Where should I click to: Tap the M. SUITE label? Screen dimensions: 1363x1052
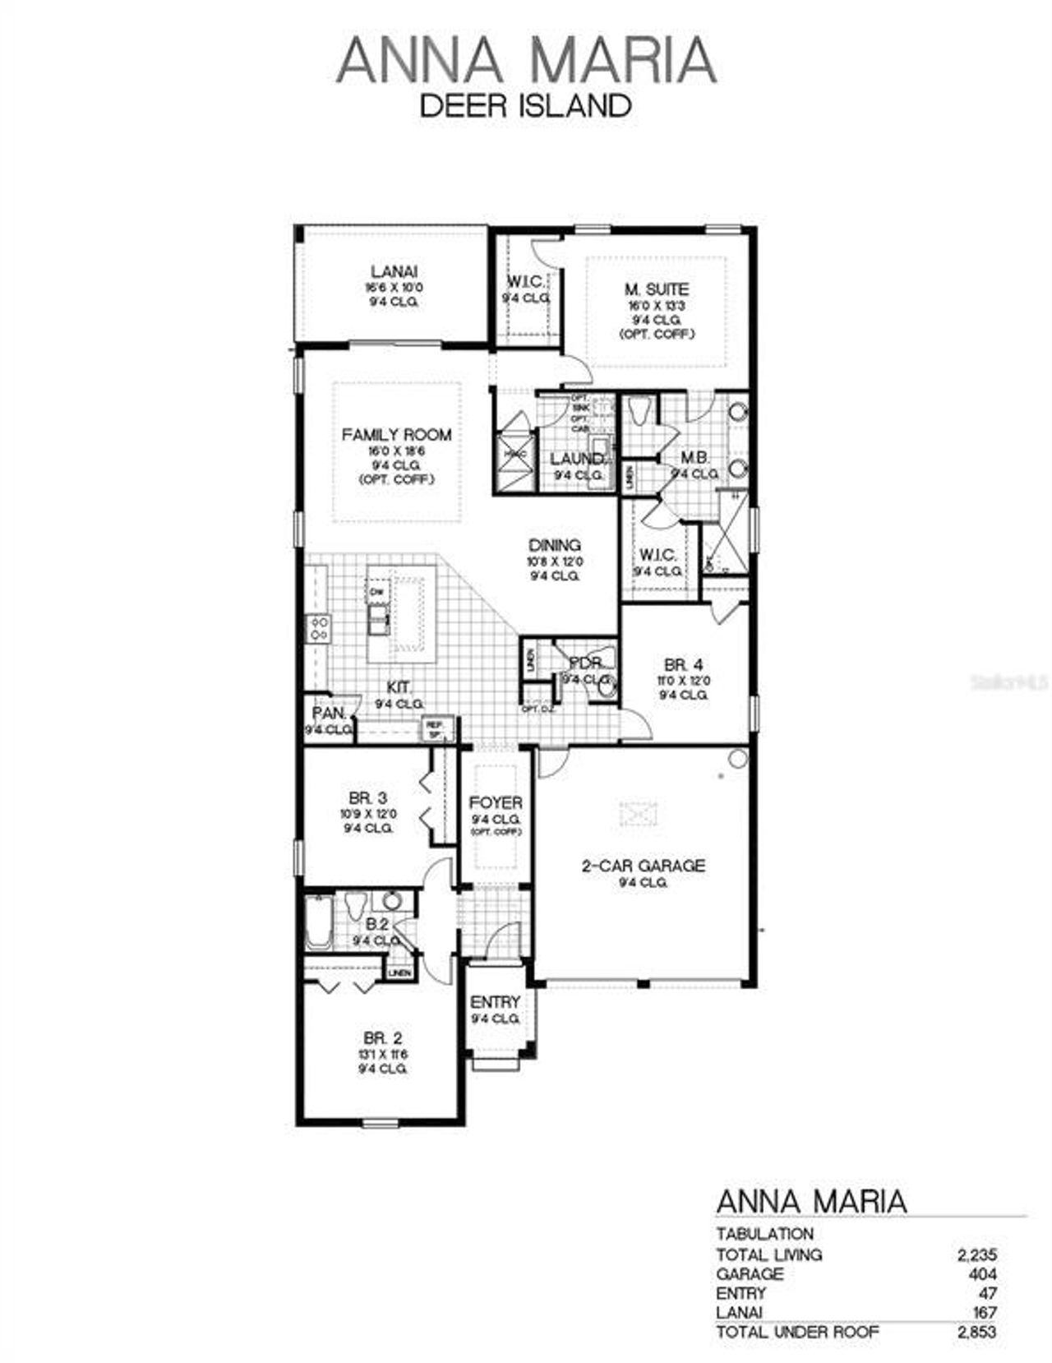coord(656,289)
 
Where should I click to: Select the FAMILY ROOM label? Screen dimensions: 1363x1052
coord(397,435)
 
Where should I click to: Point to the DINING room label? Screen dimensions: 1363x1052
coord(554,545)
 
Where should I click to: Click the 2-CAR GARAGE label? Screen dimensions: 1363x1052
coord(644,866)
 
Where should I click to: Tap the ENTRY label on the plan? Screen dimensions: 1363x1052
coord(495,1003)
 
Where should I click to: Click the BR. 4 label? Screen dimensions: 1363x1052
coord(683,665)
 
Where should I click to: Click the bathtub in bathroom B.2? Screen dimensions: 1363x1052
coord(318,922)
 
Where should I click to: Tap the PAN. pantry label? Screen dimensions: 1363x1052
coord(328,714)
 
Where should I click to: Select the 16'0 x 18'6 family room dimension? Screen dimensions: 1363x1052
coord(397,451)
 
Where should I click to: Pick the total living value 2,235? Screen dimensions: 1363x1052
coord(976,1254)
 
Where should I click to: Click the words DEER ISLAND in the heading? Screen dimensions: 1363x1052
coord(525,106)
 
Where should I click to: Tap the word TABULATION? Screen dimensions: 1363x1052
coord(764,1234)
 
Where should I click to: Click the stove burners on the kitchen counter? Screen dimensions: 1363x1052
coord(318,629)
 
